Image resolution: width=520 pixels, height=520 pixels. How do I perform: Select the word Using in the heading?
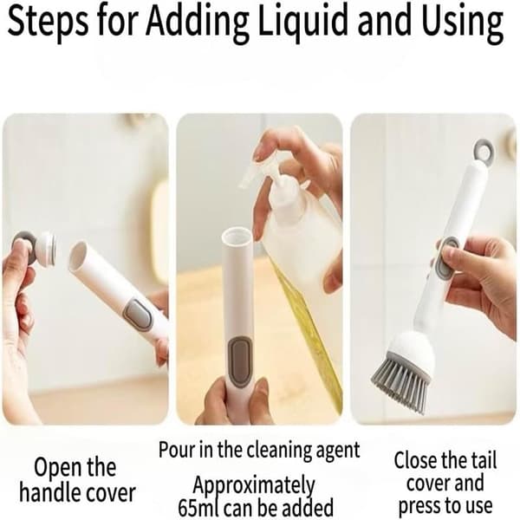click(464, 23)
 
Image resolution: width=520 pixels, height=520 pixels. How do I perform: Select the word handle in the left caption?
click(49, 492)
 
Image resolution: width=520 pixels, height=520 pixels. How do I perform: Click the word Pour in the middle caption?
click(177, 450)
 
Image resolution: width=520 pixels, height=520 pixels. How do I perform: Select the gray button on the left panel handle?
click(139, 315)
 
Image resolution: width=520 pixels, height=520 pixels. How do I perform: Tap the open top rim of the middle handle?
click(237, 235)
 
